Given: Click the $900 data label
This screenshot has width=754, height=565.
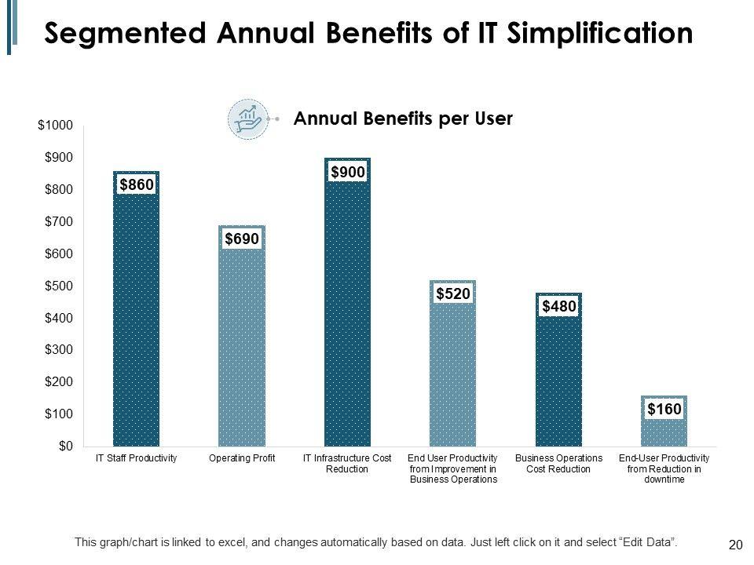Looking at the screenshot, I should [x=347, y=172].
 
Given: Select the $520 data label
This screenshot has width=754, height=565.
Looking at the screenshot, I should [x=453, y=293].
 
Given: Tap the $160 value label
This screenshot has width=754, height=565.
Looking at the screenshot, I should [x=664, y=409].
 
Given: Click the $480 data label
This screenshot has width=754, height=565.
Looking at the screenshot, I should [x=558, y=306].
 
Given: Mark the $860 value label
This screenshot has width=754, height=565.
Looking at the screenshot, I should [x=136, y=184].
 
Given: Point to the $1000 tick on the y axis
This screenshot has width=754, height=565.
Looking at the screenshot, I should [x=55, y=126].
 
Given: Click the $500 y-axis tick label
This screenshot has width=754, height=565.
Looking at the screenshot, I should [x=58, y=286].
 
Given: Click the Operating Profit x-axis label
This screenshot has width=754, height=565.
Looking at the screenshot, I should [x=242, y=457].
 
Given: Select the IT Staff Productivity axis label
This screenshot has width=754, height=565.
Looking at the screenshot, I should [x=136, y=457].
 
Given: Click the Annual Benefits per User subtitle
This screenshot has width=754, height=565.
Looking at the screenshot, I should [x=402, y=119].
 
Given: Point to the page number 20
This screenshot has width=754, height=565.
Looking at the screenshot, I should [x=736, y=545].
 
